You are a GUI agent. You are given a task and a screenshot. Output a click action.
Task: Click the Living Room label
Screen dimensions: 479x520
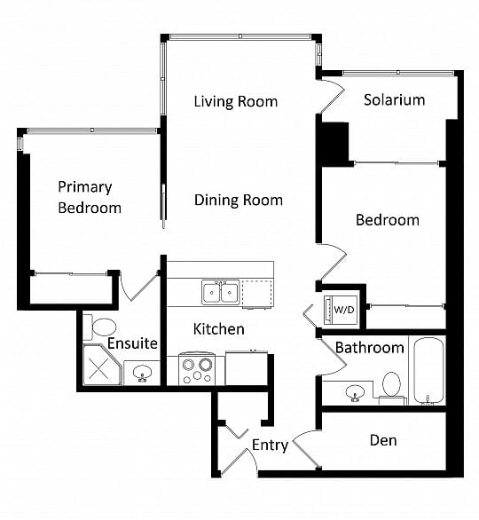tap(236, 101)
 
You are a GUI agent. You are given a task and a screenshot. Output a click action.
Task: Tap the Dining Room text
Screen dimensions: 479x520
tap(239, 200)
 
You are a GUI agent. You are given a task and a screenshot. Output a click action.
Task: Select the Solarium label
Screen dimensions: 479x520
tap(395, 99)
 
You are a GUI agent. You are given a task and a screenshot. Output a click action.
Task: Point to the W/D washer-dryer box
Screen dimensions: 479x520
tap(342, 310)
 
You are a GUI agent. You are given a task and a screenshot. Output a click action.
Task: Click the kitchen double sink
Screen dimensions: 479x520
tap(221, 292)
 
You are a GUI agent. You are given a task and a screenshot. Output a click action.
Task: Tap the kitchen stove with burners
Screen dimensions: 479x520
tap(197, 369)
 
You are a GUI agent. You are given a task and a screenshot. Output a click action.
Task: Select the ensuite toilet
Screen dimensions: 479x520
tap(100, 327)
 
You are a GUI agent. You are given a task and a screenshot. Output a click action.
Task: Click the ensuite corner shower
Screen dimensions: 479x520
tap(101, 365)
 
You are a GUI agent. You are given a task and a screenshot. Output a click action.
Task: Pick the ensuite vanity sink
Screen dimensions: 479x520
tap(143, 374)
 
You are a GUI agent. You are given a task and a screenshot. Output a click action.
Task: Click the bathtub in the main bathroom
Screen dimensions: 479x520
tap(428, 371)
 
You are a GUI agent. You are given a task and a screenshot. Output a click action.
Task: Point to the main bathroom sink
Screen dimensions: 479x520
tap(355, 393)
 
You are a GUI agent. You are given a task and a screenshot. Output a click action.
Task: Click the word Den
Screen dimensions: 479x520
tap(383, 440)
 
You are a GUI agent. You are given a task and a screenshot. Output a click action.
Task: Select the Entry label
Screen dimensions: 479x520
tap(271, 445)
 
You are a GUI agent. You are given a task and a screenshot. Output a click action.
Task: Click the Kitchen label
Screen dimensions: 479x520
tap(219, 329)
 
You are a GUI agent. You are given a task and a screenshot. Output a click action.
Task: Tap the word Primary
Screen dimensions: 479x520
tap(85, 187)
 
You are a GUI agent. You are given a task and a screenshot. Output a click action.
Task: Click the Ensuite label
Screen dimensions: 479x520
tap(132, 343)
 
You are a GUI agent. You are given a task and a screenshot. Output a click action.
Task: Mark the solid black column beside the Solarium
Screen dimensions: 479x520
tap(333, 145)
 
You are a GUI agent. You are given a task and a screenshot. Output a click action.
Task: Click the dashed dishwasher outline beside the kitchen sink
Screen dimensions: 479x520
tap(258, 294)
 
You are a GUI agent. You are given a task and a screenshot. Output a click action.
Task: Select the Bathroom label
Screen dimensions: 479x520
tap(370, 348)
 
